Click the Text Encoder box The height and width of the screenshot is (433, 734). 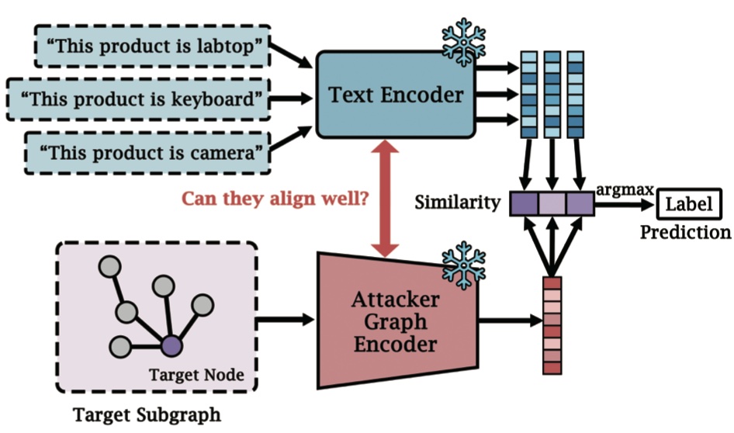coord(395,95)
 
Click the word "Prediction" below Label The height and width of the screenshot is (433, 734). coord(685,232)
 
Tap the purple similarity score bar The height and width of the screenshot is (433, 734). coord(552,204)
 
